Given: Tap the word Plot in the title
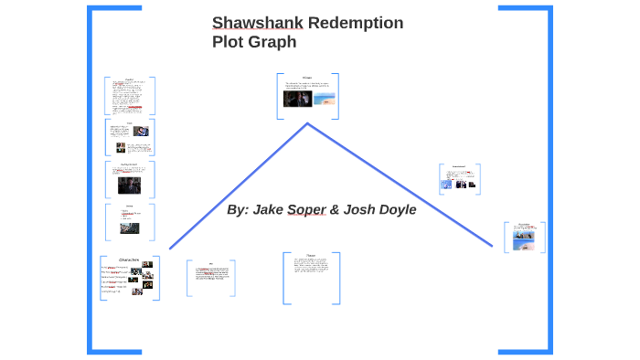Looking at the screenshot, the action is point(229,42).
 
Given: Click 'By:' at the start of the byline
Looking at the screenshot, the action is point(237,210).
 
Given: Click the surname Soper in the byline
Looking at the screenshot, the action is point(307,210).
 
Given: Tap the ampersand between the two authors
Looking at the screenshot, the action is point(336,210).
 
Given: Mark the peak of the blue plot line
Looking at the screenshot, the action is point(307,123).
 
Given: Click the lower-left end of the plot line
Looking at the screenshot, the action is point(170,248).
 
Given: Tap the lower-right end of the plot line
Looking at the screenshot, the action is point(493,247).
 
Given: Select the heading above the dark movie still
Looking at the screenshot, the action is point(307,77).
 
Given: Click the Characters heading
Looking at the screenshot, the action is point(129,259).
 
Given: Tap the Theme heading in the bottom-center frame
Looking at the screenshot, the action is point(311,255).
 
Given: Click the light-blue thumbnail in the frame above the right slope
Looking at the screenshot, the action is point(445,184).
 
